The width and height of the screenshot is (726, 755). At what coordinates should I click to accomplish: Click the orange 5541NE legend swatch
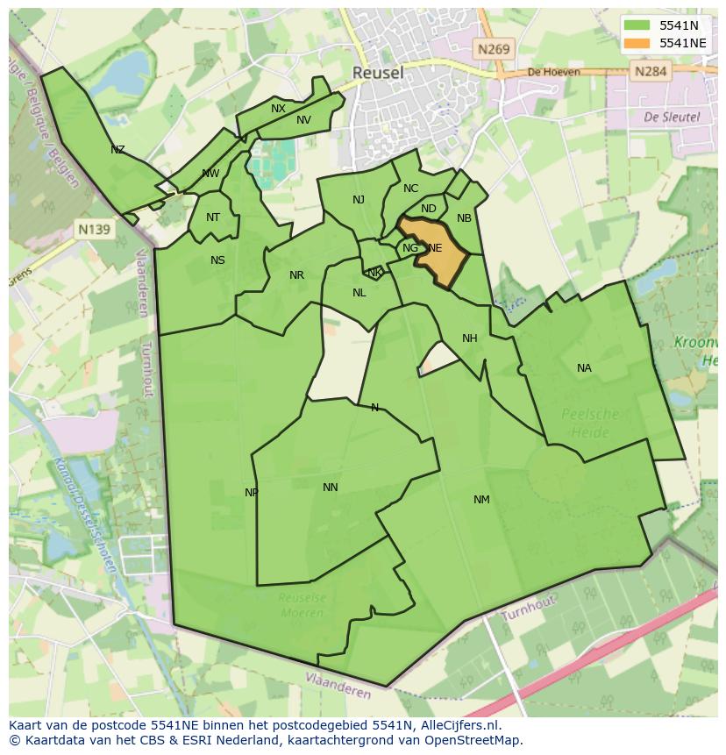[637, 43]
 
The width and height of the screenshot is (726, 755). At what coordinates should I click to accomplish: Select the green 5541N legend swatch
[637, 25]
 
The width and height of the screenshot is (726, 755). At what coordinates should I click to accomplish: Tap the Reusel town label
[378, 73]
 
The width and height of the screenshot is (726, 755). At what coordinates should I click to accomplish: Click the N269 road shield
[494, 50]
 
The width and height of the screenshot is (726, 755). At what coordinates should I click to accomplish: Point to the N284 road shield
[650, 71]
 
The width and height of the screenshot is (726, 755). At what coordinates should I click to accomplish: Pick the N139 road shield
[94, 230]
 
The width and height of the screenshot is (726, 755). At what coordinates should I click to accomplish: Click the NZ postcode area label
[117, 150]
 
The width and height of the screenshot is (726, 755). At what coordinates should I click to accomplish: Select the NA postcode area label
[584, 368]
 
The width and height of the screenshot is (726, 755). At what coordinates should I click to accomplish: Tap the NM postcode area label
[481, 500]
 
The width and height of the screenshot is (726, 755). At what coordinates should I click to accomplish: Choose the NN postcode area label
[330, 488]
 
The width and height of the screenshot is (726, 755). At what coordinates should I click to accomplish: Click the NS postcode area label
[217, 260]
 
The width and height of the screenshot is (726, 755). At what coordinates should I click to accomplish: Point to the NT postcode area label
[213, 217]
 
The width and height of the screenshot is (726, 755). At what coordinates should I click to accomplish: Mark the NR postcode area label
[296, 275]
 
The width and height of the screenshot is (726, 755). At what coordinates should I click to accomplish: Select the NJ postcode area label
[359, 200]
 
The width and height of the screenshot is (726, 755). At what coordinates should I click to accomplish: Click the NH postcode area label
[470, 338]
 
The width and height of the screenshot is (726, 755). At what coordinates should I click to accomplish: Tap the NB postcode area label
[464, 218]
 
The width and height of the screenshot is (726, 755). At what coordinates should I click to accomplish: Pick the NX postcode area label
[278, 109]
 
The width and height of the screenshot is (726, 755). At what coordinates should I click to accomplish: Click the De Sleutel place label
[671, 116]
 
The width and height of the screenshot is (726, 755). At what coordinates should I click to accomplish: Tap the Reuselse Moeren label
[302, 606]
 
